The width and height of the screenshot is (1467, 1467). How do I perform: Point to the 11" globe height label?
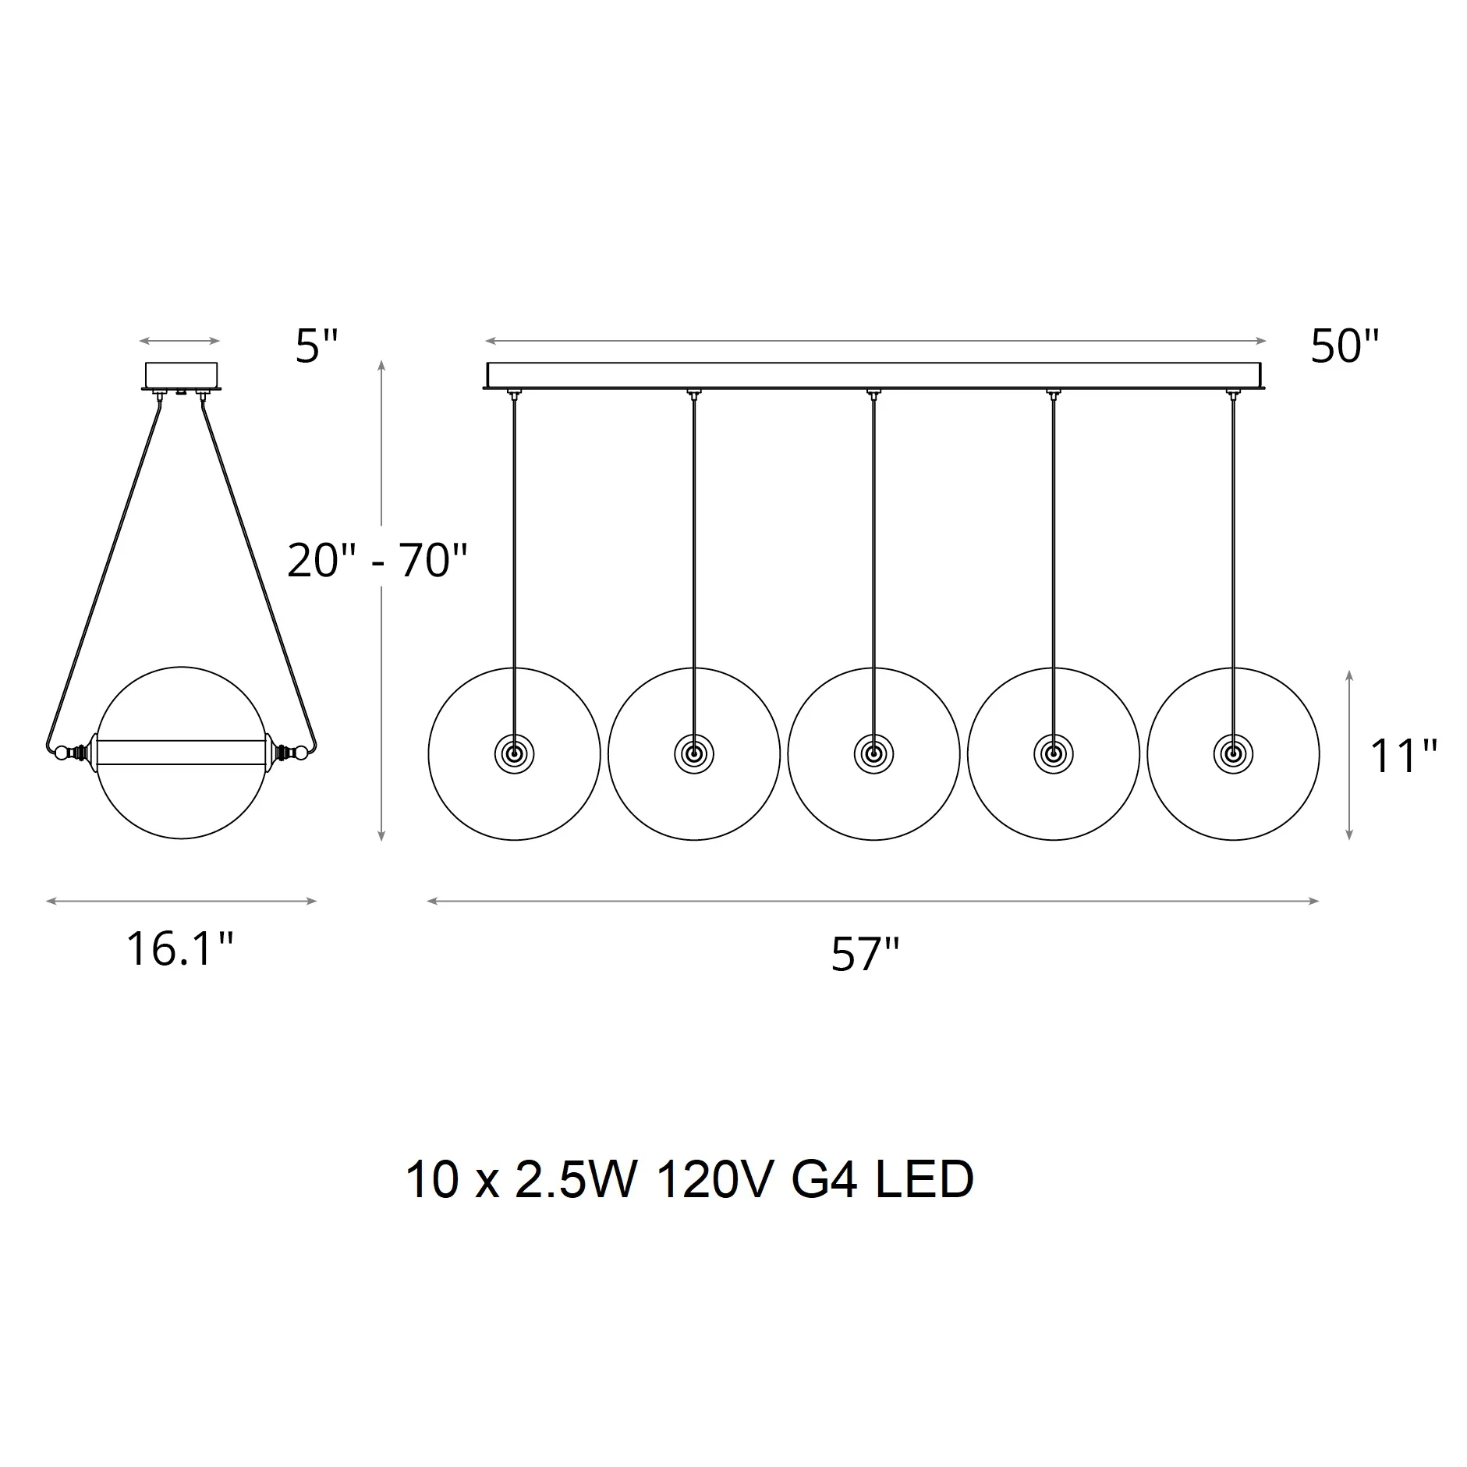click(x=1404, y=756)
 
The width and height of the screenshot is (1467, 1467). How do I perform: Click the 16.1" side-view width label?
click(x=180, y=949)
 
